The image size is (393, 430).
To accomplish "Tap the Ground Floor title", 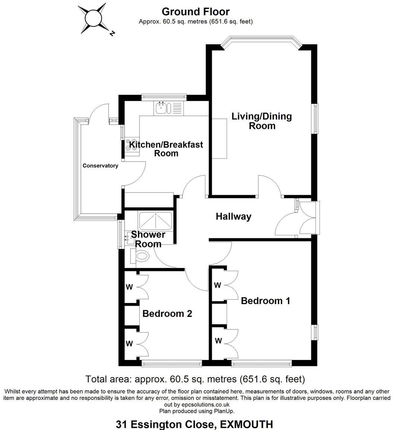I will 196,12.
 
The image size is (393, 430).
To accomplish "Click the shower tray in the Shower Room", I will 155,221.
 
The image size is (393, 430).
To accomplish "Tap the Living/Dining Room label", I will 262,121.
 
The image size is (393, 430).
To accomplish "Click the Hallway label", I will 233,216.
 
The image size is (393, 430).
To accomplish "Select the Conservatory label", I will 100,166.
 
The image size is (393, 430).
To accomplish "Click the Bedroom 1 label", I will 265,300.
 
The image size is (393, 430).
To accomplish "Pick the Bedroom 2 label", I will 167,313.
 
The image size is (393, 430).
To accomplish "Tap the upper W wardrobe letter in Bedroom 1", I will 217,286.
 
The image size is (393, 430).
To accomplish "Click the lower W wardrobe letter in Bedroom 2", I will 129,344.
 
